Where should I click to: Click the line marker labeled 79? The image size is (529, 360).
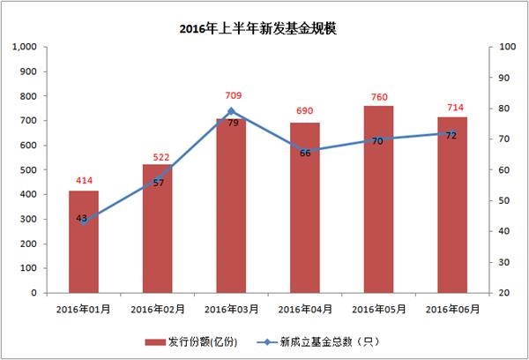[231, 111]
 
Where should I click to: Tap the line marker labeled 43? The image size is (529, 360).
[84, 221]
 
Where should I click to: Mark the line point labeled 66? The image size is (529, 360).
[305, 151]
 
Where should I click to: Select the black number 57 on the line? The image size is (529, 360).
[159, 183]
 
